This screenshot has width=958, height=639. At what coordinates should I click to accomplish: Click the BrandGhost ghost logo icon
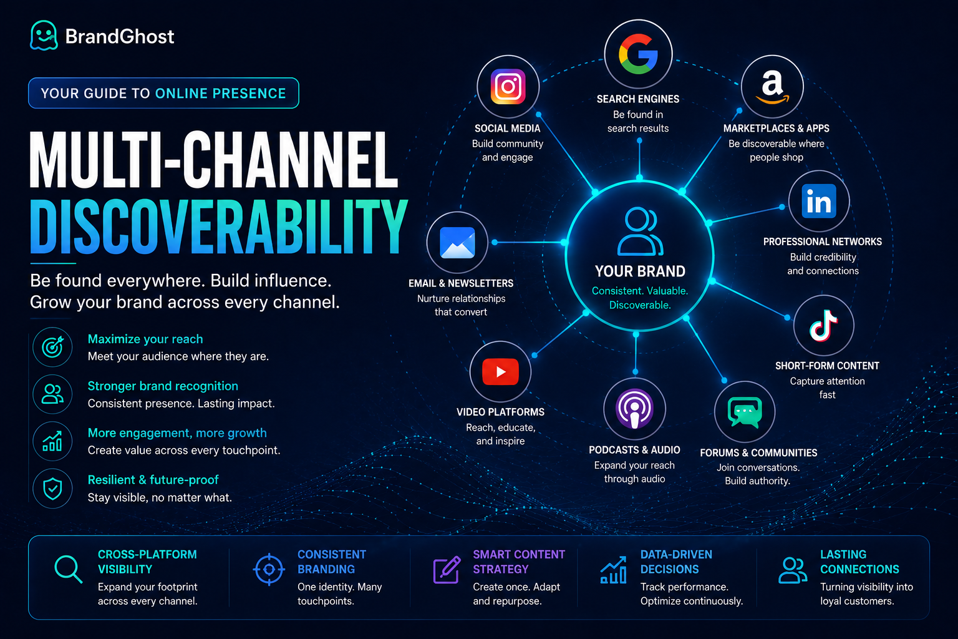(44, 36)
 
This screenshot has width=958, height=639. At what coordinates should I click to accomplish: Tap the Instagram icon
(508, 87)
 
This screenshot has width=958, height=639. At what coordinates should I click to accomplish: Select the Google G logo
(638, 54)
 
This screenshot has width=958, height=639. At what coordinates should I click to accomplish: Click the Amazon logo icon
(772, 87)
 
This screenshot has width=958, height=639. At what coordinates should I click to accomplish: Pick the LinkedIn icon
(819, 201)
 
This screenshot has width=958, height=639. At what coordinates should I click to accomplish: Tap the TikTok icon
(824, 326)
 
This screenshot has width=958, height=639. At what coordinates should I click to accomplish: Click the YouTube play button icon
(500, 371)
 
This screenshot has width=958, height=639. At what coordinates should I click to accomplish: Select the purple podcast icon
(635, 408)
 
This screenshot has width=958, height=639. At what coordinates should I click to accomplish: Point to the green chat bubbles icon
(745, 412)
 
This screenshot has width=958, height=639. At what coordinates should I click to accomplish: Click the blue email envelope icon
(457, 243)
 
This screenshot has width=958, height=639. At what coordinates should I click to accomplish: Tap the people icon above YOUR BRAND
(640, 231)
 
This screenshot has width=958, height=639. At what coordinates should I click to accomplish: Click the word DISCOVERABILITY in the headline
(218, 227)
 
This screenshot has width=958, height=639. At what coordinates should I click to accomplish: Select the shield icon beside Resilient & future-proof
(52, 489)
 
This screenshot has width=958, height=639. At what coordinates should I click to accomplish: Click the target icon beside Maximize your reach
(52, 347)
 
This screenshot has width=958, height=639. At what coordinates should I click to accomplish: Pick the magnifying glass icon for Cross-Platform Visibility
(69, 569)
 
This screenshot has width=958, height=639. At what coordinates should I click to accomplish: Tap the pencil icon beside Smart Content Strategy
(447, 570)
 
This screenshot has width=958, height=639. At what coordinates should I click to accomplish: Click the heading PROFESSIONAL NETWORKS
(823, 242)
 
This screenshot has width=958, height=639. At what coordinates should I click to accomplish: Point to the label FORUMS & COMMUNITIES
(758, 453)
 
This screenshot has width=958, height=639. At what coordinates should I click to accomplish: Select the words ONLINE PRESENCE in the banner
(221, 94)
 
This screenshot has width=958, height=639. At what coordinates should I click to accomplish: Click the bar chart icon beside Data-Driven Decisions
(613, 570)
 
